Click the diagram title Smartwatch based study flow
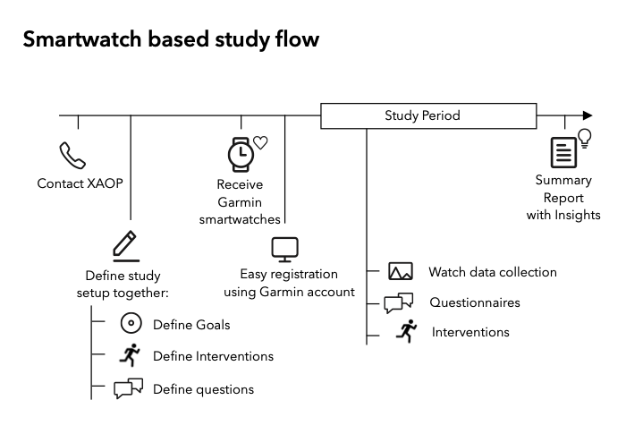(170, 40)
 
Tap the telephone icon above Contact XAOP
(72, 156)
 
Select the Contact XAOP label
(80, 183)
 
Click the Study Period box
(422, 115)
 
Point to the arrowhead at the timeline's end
(587, 115)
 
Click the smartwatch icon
(240, 154)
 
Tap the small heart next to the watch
(260, 141)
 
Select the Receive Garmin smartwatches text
(240, 201)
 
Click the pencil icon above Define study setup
(125, 245)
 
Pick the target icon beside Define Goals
(131, 324)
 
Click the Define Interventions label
(213, 356)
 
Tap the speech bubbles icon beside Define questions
(129, 388)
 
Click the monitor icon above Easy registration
(284, 249)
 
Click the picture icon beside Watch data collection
(400, 272)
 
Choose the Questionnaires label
(474, 302)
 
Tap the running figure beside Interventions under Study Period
(407, 331)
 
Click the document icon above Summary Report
(563, 152)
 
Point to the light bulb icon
(585, 137)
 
